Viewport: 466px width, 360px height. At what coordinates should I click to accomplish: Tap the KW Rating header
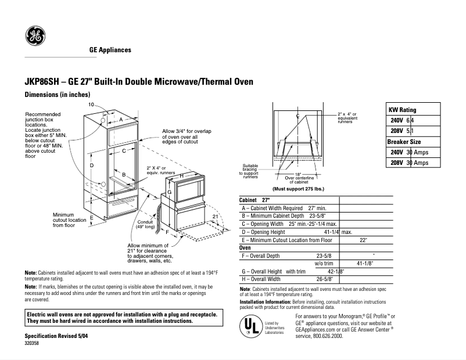coord(402,110)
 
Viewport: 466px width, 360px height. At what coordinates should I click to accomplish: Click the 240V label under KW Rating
coord(396,120)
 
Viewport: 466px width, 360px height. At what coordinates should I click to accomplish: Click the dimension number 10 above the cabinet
coord(91,104)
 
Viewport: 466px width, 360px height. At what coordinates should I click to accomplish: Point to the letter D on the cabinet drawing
coord(92,166)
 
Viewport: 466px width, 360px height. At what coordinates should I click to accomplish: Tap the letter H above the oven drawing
coord(182,175)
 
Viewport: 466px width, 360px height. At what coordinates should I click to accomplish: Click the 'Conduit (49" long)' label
coord(145,225)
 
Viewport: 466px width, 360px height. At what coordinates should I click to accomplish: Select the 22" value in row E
coord(363,239)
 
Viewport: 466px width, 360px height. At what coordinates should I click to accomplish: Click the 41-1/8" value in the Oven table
coord(364,263)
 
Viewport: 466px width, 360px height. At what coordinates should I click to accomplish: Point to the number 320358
coord(33,344)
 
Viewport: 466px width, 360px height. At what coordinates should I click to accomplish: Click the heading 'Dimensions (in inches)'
coord(57,94)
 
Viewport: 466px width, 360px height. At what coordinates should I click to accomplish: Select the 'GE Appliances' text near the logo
coord(110,50)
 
